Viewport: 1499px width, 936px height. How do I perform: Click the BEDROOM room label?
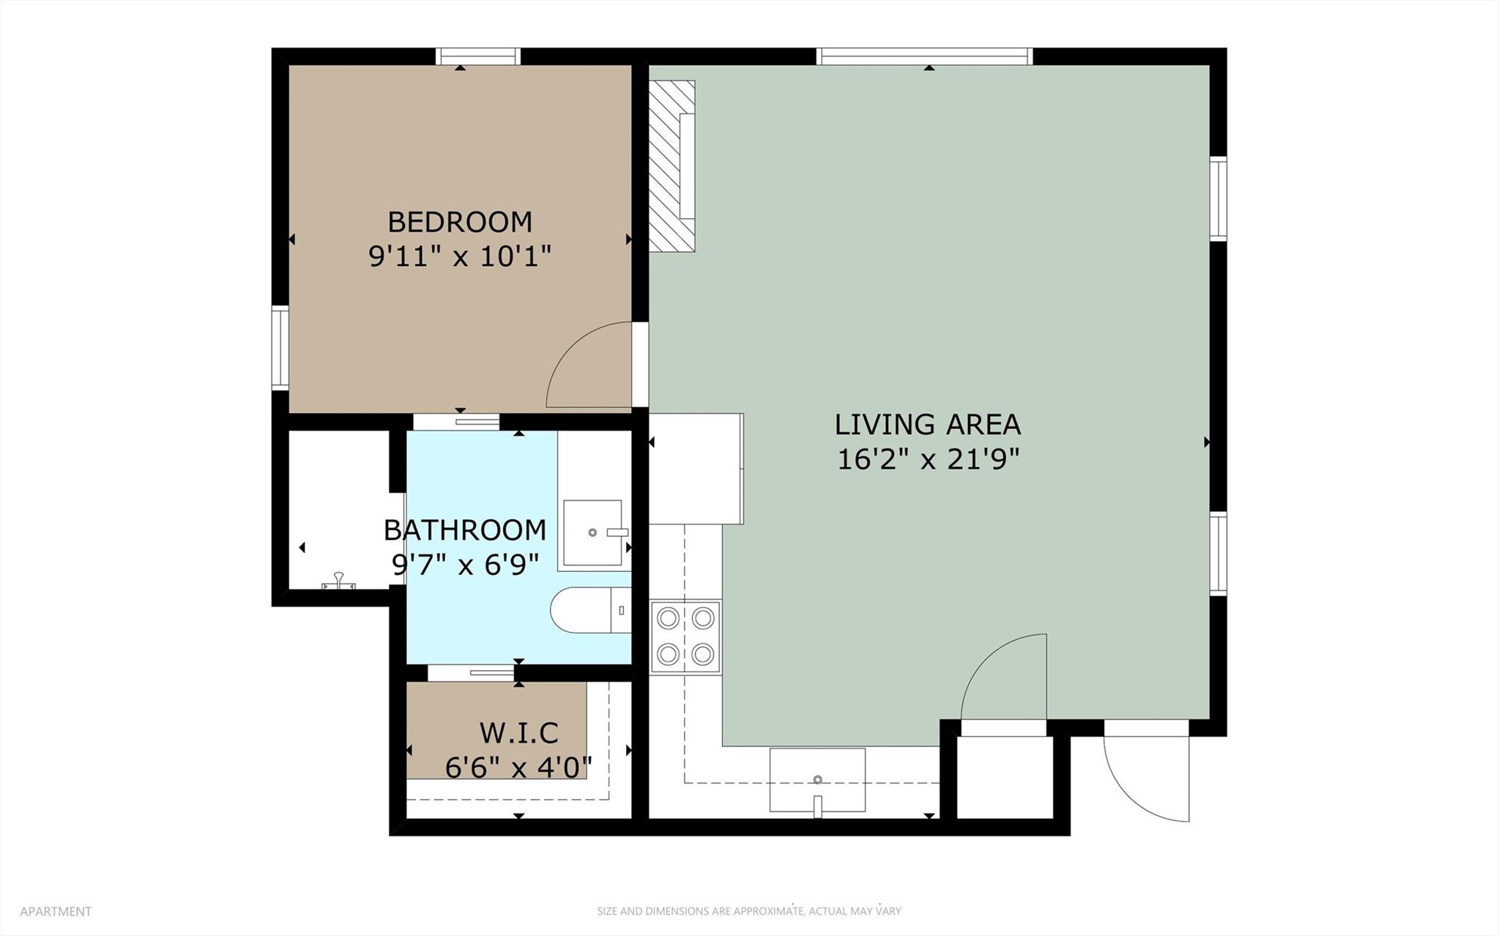pyautogui.click(x=459, y=221)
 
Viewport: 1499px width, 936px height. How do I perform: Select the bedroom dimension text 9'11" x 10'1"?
pyautogui.click(x=459, y=256)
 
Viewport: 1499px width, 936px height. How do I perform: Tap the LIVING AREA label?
pyautogui.click(x=927, y=424)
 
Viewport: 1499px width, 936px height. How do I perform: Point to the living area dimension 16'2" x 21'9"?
pyautogui.click(x=928, y=459)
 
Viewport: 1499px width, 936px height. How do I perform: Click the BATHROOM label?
pyautogui.click(x=464, y=530)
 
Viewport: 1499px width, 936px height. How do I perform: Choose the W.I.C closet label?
pyautogui.click(x=518, y=732)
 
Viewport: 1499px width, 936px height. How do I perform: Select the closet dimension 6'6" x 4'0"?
pyautogui.click(x=518, y=767)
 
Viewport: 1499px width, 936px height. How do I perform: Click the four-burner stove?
pyautogui.click(x=685, y=636)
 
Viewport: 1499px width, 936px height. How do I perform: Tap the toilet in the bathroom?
pyautogui.click(x=590, y=610)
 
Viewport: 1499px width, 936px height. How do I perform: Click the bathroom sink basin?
pyautogui.click(x=592, y=532)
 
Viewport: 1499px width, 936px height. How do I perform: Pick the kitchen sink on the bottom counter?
pyautogui.click(x=817, y=779)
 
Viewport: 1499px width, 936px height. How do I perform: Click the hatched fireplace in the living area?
pyautogui.click(x=672, y=166)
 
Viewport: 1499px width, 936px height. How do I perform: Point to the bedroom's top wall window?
pyautogui.click(x=478, y=56)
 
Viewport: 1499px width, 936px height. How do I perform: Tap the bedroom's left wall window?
pyautogui.click(x=280, y=347)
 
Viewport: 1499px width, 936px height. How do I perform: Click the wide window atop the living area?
pyautogui.click(x=925, y=56)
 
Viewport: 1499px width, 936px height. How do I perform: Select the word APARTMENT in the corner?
pyautogui.click(x=56, y=911)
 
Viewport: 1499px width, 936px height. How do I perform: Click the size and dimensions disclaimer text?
pyautogui.click(x=748, y=911)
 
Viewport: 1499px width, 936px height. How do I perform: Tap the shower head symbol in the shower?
pyautogui.click(x=338, y=582)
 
